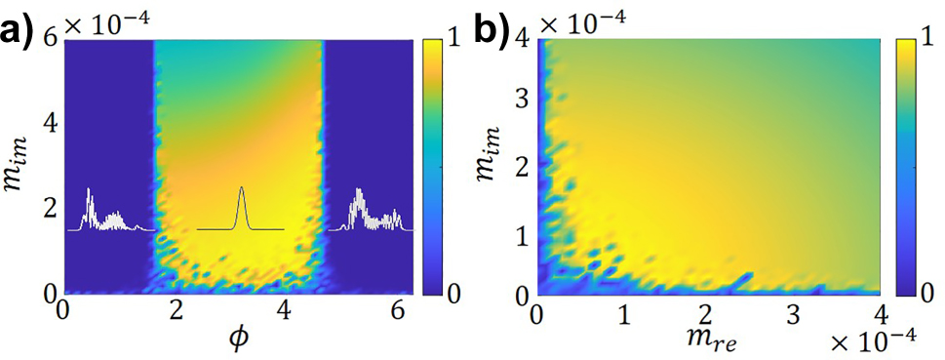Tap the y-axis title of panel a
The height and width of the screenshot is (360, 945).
tap(20, 166)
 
